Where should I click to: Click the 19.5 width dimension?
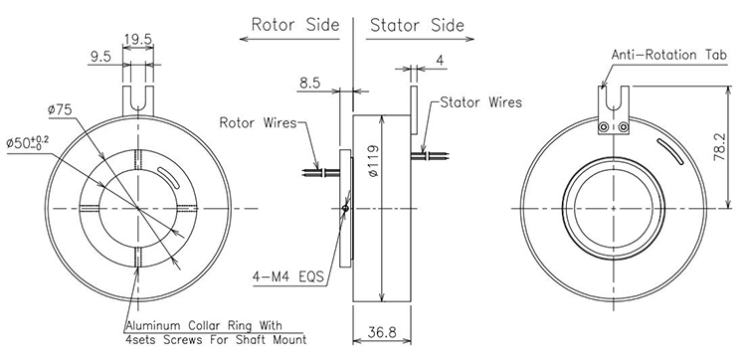pyautogui.click(x=138, y=39)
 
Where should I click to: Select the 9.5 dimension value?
pyautogui.click(x=99, y=57)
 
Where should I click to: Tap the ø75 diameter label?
pyautogui.click(x=60, y=109)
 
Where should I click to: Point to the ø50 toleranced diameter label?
pyautogui.click(x=28, y=142)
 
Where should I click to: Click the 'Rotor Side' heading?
pyautogui.click(x=295, y=24)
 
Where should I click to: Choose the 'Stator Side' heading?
pyautogui.click(x=417, y=25)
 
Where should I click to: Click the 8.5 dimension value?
pyautogui.click(x=309, y=84)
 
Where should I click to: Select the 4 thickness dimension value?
pyautogui.click(x=440, y=61)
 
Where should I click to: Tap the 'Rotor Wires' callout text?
pyautogui.click(x=258, y=122)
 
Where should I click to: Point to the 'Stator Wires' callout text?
pyautogui.click(x=481, y=102)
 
